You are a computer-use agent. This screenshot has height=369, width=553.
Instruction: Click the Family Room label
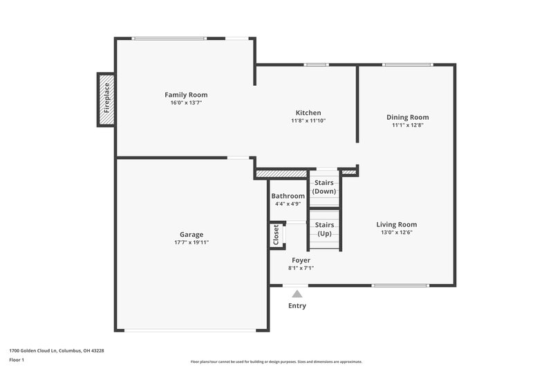point(185,95)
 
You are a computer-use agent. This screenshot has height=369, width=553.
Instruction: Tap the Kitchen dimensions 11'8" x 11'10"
point(308,120)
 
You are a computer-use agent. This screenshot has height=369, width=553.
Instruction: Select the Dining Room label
point(407,117)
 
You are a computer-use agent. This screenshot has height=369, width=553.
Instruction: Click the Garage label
point(191,234)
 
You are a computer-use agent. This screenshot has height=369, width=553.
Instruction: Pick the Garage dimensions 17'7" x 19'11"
point(191,242)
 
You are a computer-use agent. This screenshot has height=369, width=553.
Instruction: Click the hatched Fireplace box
point(106,100)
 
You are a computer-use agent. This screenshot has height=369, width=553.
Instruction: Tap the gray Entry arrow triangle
point(297,294)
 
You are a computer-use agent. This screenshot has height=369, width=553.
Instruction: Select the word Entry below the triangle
point(297,306)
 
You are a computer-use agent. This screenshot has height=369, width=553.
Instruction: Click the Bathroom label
point(288,196)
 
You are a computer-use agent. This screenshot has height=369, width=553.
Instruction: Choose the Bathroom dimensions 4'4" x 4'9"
point(288,204)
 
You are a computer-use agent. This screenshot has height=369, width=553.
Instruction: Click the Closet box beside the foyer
point(276,235)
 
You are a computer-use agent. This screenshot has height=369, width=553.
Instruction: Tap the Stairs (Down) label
point(324,187)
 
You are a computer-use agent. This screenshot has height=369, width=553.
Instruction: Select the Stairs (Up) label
point(324,229)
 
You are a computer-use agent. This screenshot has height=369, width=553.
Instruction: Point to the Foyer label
point(301,260)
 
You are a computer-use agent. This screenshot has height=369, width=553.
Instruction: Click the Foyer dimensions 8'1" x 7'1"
point(301,268)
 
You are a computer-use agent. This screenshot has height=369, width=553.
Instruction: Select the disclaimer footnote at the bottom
point(276,361)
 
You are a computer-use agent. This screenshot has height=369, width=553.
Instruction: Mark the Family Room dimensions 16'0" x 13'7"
point(185,102)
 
